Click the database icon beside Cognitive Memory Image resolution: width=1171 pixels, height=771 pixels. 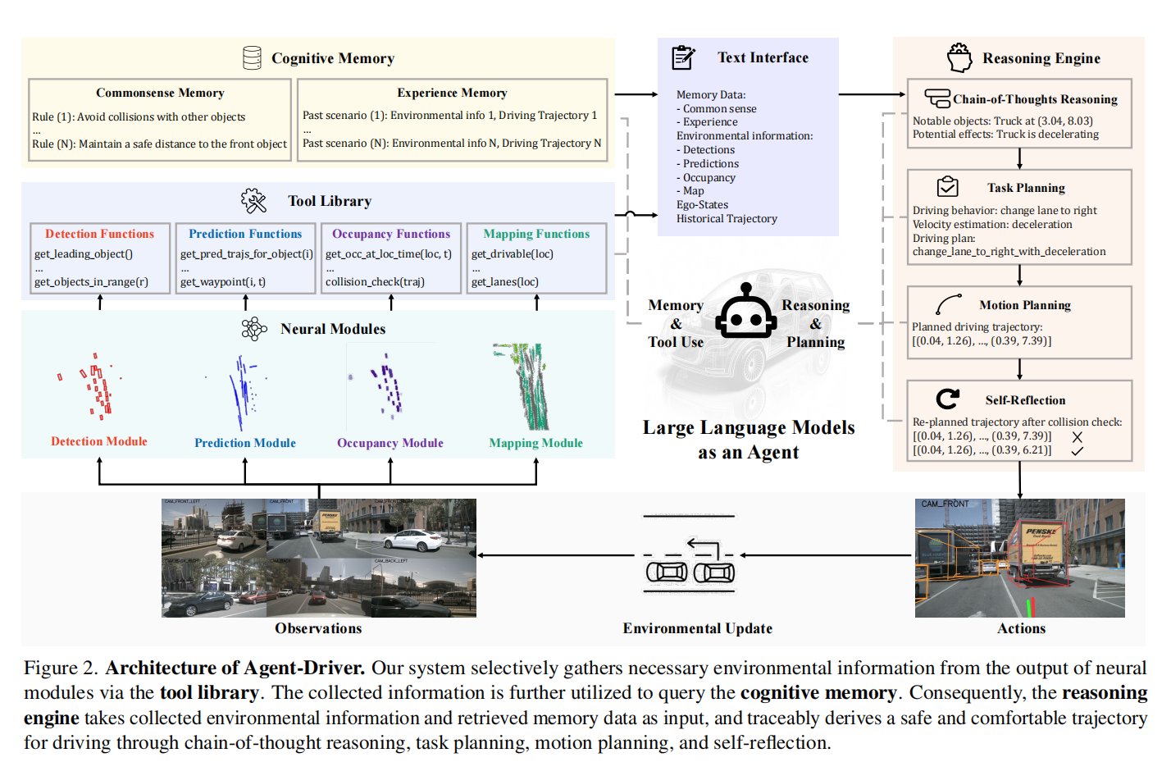252,57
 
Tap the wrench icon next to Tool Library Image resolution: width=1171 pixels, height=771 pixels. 253,201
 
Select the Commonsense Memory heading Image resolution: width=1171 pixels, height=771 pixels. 160,93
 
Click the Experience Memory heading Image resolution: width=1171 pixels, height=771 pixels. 452,93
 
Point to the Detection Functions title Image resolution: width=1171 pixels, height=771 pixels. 99,234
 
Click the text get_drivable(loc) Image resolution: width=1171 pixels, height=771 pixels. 513,254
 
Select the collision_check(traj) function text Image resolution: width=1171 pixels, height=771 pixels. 375,281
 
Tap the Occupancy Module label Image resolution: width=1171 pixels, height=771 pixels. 390,443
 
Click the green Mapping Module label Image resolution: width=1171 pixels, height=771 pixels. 535,443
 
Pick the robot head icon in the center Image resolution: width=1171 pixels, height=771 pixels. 745,313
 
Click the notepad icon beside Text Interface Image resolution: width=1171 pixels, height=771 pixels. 683,57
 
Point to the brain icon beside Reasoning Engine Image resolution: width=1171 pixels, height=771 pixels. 959,57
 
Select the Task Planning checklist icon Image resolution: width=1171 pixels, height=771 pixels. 948,187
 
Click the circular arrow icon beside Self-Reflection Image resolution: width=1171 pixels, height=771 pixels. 948,399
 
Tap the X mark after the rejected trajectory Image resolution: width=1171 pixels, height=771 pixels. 1078,437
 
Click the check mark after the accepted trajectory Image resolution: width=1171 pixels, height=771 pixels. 1078,450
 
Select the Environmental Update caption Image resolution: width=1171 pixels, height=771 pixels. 697,628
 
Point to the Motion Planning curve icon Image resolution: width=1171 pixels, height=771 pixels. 949,305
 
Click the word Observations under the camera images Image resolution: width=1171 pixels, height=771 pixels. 318,628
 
